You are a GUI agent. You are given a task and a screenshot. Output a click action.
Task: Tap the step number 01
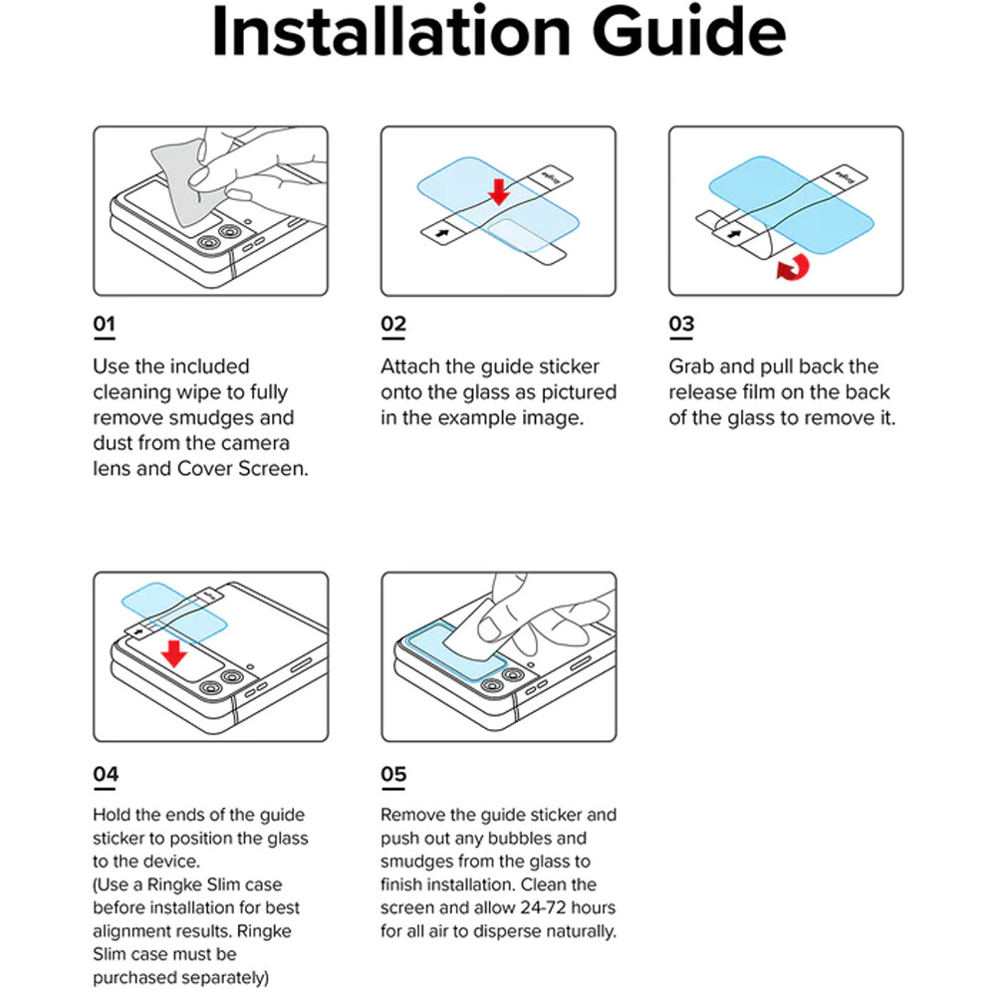(105, 325)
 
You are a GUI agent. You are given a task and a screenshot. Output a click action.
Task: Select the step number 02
(393, 325)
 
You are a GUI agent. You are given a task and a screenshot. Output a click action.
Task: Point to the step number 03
(681, 325)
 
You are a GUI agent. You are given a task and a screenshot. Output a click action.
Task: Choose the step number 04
(106, 774)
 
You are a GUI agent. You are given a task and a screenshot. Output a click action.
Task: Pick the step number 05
(393, 774)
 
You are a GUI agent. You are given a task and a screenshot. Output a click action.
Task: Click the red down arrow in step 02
(499, 187)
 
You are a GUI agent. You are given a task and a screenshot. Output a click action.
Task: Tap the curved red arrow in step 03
(793, 266)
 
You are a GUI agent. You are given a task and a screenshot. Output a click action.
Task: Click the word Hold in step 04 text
(113, 816)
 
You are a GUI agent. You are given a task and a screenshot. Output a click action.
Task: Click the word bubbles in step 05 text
(553, 839)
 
